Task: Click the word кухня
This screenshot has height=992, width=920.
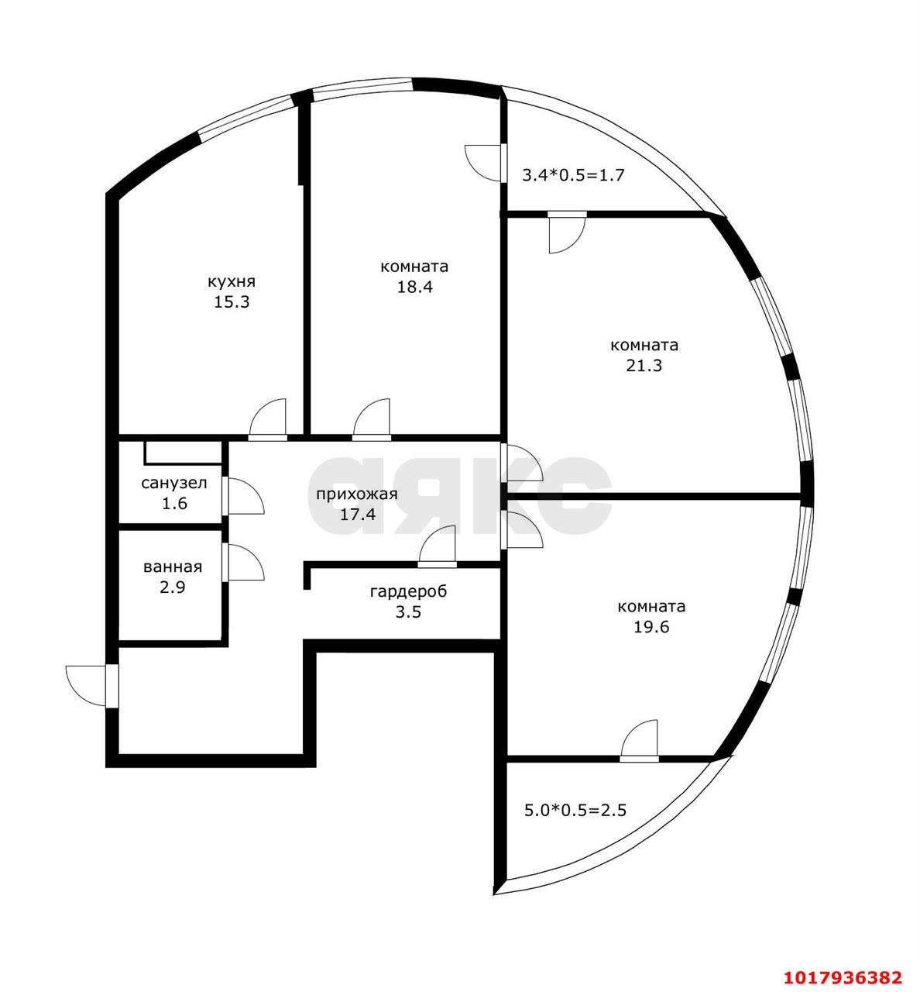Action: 232,282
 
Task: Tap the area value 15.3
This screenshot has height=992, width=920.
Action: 232,302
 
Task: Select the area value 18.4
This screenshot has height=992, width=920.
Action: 414,287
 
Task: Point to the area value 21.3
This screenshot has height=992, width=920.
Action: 644,366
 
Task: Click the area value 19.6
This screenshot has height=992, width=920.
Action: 651,627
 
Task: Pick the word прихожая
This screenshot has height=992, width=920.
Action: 357,494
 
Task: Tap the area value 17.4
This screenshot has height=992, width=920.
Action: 358,514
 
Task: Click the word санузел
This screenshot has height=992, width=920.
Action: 174,484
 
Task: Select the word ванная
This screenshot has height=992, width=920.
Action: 173,567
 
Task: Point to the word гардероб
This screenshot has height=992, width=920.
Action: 409,592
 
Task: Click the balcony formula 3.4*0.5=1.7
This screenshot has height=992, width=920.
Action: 574,175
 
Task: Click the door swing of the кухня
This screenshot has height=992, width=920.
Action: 268,417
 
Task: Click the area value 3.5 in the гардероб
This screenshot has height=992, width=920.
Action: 409,612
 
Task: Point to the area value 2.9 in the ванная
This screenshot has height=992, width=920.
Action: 173,587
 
